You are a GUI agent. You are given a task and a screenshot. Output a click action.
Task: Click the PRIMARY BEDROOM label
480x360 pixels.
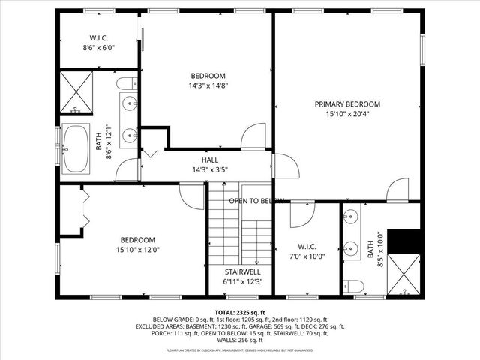point(347,104)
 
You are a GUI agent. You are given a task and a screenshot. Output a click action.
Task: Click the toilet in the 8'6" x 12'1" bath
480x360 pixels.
point(128,82)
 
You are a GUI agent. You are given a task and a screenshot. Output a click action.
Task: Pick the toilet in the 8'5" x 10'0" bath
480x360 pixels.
point(352,285)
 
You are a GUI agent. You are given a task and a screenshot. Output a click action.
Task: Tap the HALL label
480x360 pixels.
point(209,160)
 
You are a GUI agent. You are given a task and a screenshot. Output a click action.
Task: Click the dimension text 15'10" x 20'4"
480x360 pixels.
point(347,115)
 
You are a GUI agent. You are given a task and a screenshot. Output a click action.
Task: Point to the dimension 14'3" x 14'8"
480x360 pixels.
point(208,86)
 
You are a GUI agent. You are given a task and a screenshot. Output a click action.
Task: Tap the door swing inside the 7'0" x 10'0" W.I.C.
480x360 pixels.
point(302,214)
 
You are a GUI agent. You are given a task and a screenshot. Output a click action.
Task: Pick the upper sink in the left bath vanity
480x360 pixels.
point(130,103)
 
